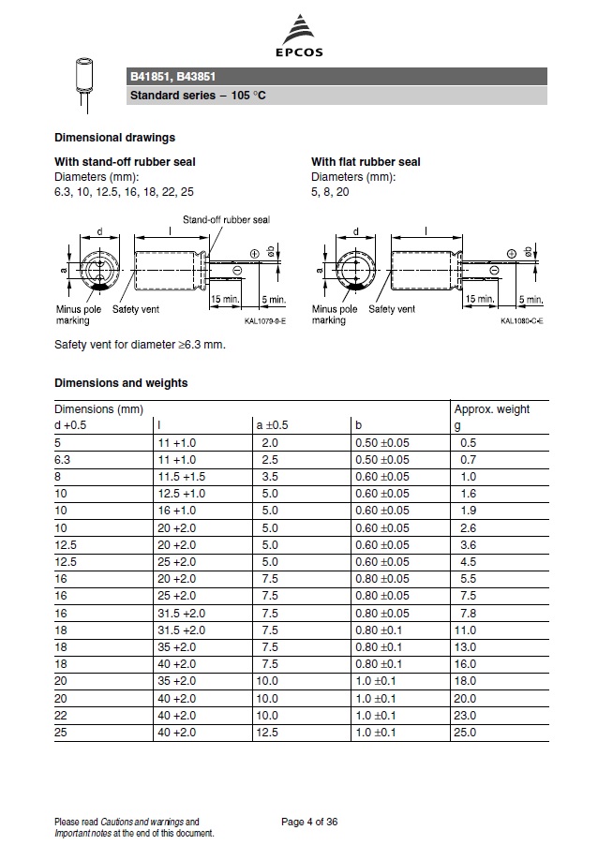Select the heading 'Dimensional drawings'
114,138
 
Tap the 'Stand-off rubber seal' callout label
226,219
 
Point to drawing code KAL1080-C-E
522,321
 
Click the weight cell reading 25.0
465,731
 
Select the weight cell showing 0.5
468,442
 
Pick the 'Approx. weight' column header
491,409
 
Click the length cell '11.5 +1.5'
179,476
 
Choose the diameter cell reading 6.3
63,459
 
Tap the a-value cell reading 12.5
268,731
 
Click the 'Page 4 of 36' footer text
309,823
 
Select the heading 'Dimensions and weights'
121,382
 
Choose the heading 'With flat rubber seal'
366,162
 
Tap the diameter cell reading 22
61,714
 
